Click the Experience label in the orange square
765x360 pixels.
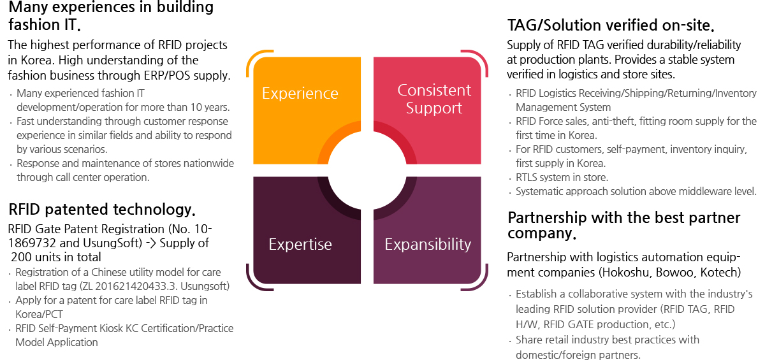pyautogui.click(x=300, y=94)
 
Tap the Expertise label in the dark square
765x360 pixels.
pyautogui.click(x=300, y=244)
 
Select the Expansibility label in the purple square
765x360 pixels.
pyautogui.click(x=428, y=244)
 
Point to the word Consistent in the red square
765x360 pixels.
pyautogui.click(x=434, y=90)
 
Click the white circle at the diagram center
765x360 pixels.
pyautogui.click(x=367, y=170)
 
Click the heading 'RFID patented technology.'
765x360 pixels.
pyautogui.click(x=102, y=209)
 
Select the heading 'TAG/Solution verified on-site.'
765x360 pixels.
pyautogui.click(x=611, y=25)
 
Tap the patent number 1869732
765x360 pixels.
pyautogui.click(x=32, y=243)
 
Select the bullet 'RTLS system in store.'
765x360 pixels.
pyautogui.click(x=562, y=177)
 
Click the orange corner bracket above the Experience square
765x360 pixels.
pyautogui.click(x=254, y=57)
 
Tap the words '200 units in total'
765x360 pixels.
pyautogui.click(x=56, y=257)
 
